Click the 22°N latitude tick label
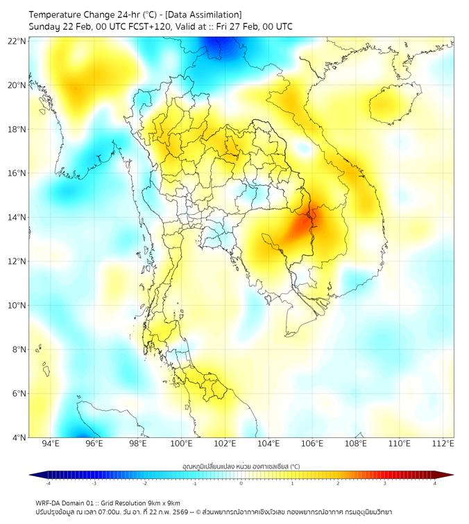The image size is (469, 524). pyautogui.click(x=17, y=41)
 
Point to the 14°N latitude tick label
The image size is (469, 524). pyautogui.click(x=17, y=218)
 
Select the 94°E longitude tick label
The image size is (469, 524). pyautogui.click(x=50, y=444)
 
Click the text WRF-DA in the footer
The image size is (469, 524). pyautogui.click(x=49, y=503)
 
